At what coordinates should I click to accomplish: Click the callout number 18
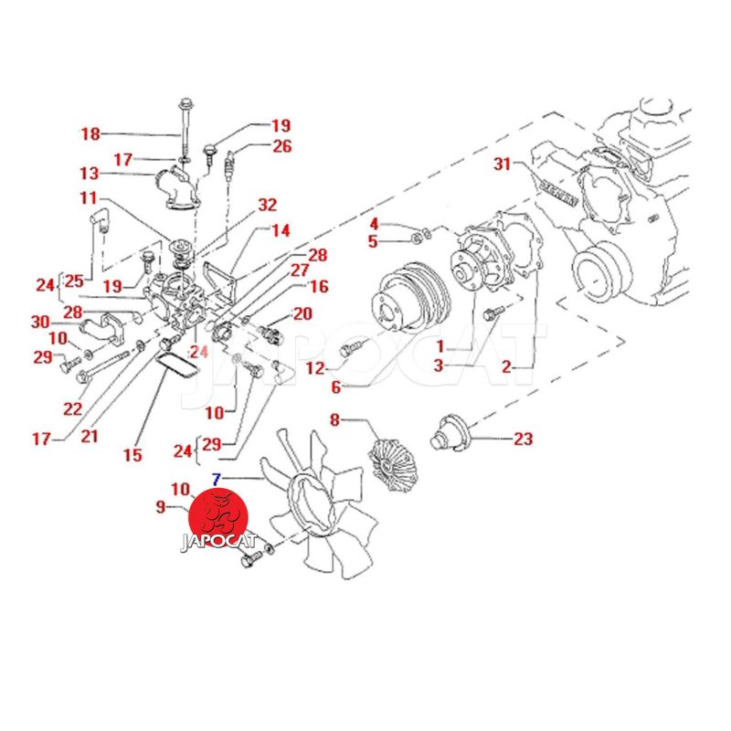coord(90,134)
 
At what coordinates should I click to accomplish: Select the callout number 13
coord(89,174)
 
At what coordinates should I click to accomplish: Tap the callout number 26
coord(281,145)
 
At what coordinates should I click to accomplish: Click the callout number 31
coord(502,164)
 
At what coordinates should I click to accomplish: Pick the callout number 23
coord(522,439)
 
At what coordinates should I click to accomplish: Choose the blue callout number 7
coord(216,478)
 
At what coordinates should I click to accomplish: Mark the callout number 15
coord(133,454)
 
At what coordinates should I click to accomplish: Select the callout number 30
coord(39,322)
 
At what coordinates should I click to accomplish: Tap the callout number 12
coord(315,368)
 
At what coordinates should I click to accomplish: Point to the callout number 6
coord(335,387)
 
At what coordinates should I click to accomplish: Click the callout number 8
coord(334,420)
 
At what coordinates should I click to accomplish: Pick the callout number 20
coord(302,313)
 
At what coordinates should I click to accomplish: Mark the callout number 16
coord(318,287)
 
